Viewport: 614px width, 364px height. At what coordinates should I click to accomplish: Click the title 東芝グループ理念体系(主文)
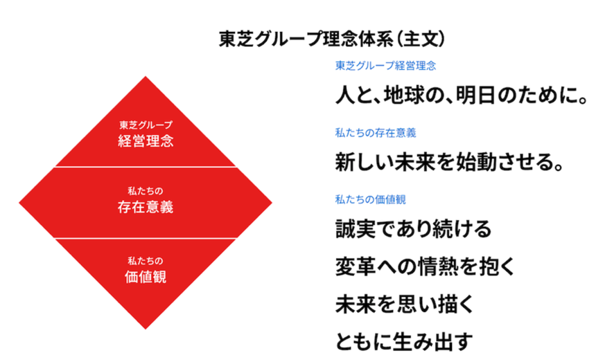(332, 39)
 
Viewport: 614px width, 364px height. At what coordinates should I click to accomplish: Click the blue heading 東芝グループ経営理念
(386, 66)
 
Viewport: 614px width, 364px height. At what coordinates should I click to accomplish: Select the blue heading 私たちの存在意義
(376, 133)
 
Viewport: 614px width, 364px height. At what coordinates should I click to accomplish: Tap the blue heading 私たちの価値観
(371, 200)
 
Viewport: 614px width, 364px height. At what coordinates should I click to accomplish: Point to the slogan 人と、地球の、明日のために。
(462, 95)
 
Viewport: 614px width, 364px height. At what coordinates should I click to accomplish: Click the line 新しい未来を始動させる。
(450, 162)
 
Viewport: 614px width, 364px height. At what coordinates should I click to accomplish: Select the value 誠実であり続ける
(413, 229)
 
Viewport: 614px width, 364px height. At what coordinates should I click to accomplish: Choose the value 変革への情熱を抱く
(425, 266)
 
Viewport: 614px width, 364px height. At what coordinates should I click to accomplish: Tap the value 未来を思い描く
(405, 304)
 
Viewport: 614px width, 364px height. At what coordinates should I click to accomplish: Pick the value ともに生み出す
(404, 342)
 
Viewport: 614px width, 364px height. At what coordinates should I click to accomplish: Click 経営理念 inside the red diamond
(146, 140)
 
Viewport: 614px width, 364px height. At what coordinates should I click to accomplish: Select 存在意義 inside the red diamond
(146, 207)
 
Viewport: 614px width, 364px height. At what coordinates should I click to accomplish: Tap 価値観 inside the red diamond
(146, 277)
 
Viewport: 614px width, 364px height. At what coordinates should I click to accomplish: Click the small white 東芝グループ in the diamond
(146, 125)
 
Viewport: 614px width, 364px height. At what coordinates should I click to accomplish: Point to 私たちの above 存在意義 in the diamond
(146, 191)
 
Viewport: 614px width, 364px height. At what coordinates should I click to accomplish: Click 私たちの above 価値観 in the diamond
(146, 261)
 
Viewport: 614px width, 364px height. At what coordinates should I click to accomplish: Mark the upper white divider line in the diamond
(146, 167)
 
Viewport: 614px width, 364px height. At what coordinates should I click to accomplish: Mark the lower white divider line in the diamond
(146, 238)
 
